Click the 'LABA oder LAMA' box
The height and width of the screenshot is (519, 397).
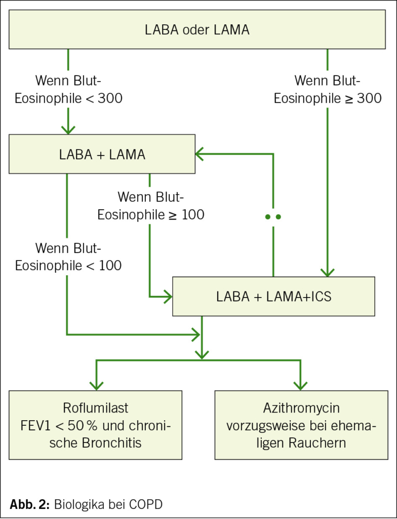pyautogui.click(x=197, y=29)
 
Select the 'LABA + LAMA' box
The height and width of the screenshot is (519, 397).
pyautogui.click(x=102, y=154)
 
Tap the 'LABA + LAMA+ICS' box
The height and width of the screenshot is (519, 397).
pyautogui.click(x=273, y=296)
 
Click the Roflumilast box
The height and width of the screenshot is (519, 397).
pyautogui.click(x=95, y=425)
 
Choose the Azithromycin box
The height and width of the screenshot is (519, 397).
pyautogui.click(x=301, y=425)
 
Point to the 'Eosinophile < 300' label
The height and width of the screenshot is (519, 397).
pyautogui.click(x=68, y=98)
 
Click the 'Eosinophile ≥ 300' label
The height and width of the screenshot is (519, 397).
pyautogui.click(x=328, y=98)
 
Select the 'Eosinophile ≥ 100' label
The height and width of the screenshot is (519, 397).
pyautogui.click(x=151, y=214)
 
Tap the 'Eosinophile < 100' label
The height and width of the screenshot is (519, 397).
pyautogui.click(x=68, y=266)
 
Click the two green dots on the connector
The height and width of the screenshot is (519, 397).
pyautogui.click(x=273, y=217)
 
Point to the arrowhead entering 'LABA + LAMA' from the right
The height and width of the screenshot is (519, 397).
pyautogui.click(x=199, y=154)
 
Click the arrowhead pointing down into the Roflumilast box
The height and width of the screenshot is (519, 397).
pyautogui.click(x=96, y=386)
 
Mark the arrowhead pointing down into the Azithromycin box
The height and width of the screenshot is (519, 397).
pyautogui.click(x=300, y=386)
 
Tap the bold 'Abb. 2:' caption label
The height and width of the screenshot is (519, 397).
pyautogui.click(x=30, y=504)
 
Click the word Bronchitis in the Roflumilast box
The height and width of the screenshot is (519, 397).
pyautogui.click(x=111, y=443)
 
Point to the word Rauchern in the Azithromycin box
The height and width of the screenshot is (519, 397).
pyautogui.click(x=317, y=443)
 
